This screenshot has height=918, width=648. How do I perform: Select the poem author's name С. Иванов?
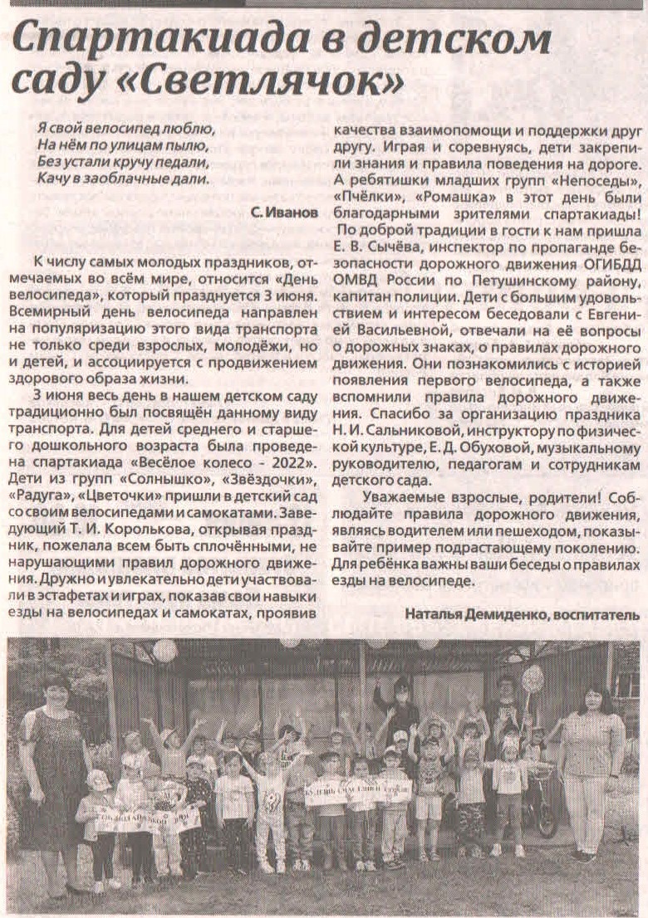[x=283, y=213]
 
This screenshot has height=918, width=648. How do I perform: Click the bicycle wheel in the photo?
[x=546, y=812]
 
